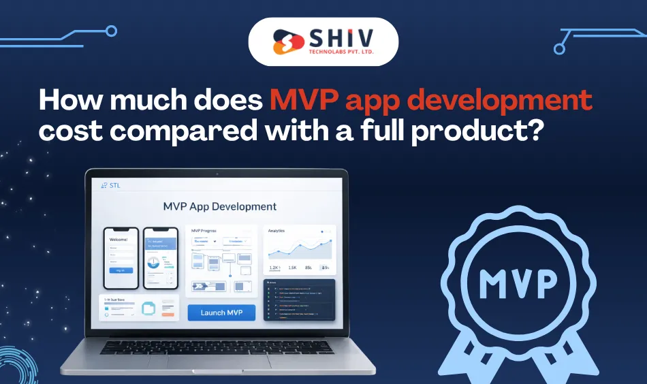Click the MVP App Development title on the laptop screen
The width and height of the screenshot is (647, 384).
point(219,206)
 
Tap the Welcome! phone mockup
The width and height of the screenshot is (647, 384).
point(121,258)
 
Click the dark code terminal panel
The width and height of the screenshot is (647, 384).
point(300,300)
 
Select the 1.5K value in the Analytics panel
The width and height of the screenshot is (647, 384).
point(294,268)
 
